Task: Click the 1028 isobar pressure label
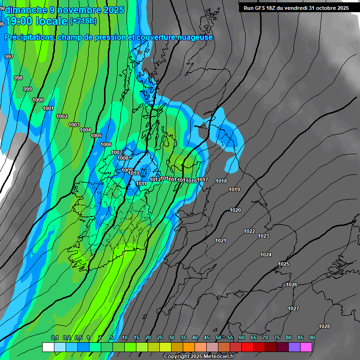[x=324, y=326]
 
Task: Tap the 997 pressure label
[x=9, y=57]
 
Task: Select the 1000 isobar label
[x=38, y=100]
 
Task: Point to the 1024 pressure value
[x=266, y=255]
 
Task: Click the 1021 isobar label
[x=221, y=240]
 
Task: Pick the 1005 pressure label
[x=96, y=135]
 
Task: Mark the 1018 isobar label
[x=221, y=181]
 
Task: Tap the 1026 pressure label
[x=292, y=285]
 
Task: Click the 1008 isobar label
[x=123, y=158]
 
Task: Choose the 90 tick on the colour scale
[x=312, y=337]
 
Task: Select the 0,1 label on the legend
[x=54, y=337]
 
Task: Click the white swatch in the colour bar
[x=48, y=347]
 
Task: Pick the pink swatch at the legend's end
[x=306, y=347]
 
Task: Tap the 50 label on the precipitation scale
[x=218, y=337]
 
